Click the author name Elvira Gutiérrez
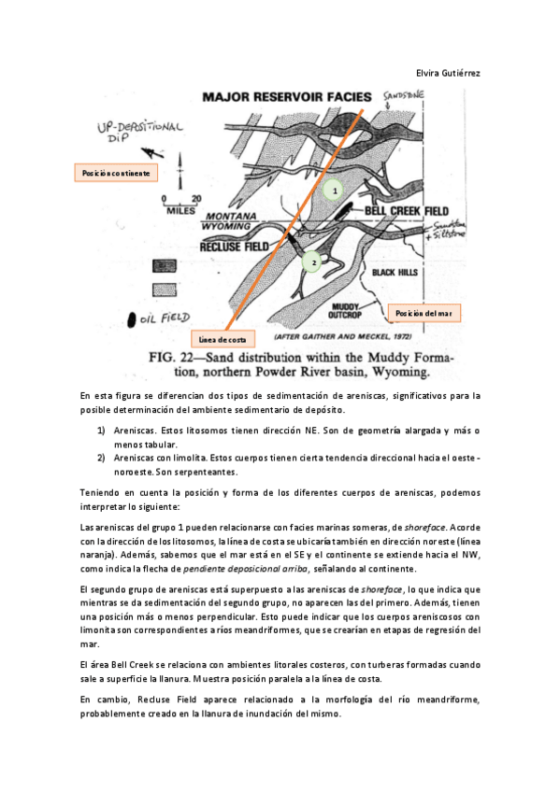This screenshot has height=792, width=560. pyautogui.click(x=448, y=73)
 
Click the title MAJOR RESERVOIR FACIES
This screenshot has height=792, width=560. pyautogui.click(x=287, y=97)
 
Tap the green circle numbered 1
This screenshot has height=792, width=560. pyautogui.click(x=334, y=190)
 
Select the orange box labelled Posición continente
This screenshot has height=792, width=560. pyautogui.click(x=116, y=173)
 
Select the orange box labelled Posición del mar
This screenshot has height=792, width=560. pyautogui.click(x=424, y=313)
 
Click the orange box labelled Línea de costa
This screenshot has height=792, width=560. pyautogui.click(x=223, y=339)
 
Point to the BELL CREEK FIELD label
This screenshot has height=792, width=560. pyautogui.click(x=407, y=211)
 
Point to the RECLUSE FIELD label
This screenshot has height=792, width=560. pyautogui.click(x=234, y=247)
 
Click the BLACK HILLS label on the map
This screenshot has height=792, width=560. pyautogui.click(x=395, y=273)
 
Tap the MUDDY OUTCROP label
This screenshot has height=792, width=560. pyautogui.click(x=345, y=311)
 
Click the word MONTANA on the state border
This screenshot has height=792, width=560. pyautogui.click(x=231, y=216)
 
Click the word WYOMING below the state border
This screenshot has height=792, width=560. pyautogui.click(x=226, y=226)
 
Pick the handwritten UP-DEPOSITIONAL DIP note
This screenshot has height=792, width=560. pyautogui.click(x=140, y=131)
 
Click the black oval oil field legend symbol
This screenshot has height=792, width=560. pyautogui.click(x=132, y=319)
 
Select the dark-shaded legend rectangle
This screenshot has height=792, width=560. pyautogui.click(x=165, y=265)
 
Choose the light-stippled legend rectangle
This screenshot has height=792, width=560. pyautogui.click(x=165, y=290)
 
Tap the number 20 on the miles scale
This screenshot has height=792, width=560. pyautogui.click(x=196, y=199)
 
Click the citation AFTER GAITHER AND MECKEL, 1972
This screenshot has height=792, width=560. pyautogui.click(x=343, y=336)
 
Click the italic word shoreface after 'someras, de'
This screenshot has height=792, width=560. pyautogui.click(x=425, y=528)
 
